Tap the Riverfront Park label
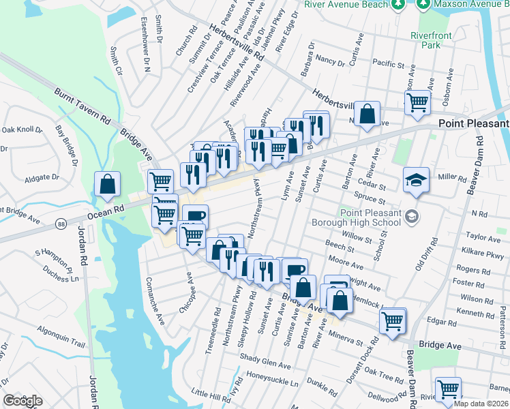(x=426, y=40)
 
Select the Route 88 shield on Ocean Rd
(x=61, y=223)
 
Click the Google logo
(x=22, y=401)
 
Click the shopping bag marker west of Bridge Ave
(x=108, y=184)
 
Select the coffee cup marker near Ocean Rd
(x=194, y=217)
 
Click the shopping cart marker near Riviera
(x=448, y=390)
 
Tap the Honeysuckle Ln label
(x=272, y=384)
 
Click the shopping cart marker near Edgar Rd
(x=393, y=320)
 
